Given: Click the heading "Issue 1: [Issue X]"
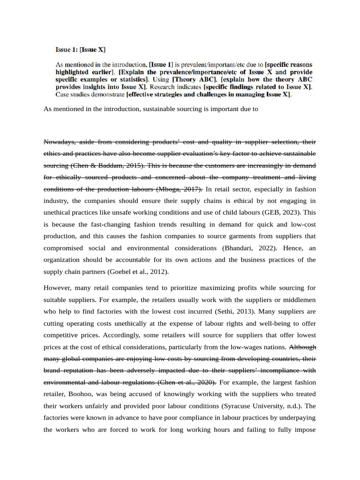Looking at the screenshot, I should (x=81, y=49).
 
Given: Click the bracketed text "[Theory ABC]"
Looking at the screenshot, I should (x=193, y=80).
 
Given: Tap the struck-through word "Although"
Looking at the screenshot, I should (x=303, y=347).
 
